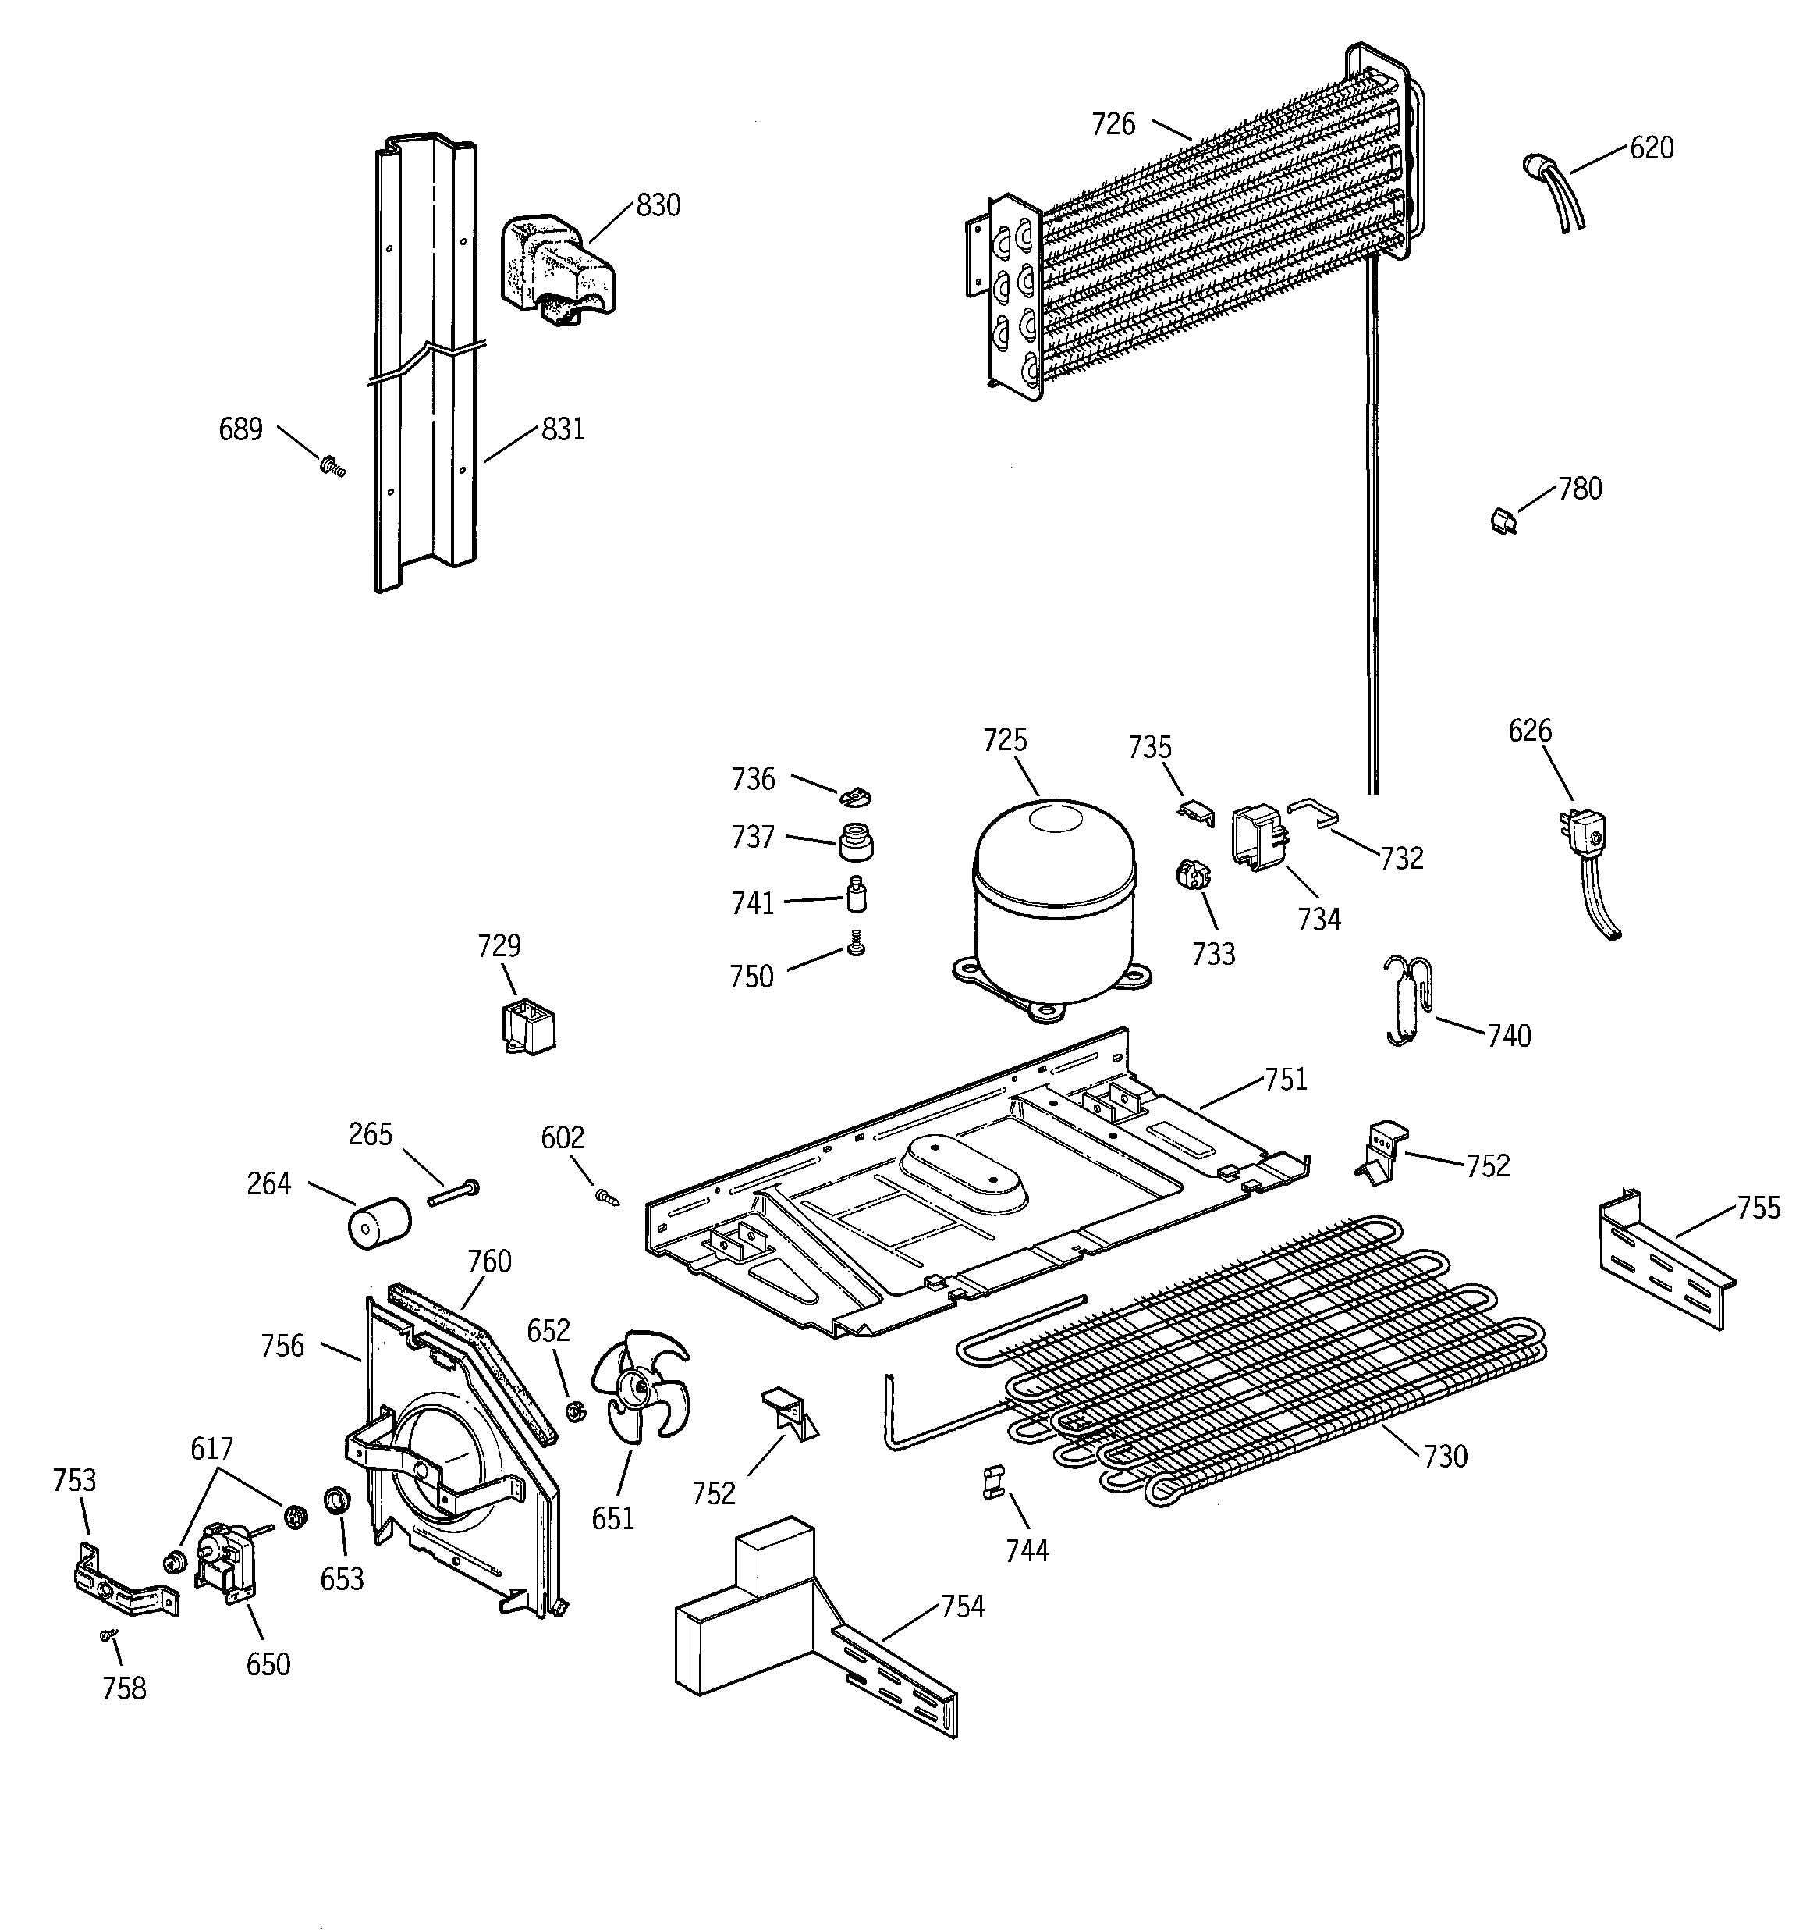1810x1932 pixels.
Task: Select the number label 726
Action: (1113, 124)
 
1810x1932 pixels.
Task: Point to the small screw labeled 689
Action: (332, 468)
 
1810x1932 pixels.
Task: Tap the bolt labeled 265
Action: (452, 1193)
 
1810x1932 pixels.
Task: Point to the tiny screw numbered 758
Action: (108, 1635)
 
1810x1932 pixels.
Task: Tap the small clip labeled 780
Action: (1503, 522)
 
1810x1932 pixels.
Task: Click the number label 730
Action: (1445, 1484)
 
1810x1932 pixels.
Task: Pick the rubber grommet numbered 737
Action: (855, 841)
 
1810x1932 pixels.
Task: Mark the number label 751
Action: (1286, 1080)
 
